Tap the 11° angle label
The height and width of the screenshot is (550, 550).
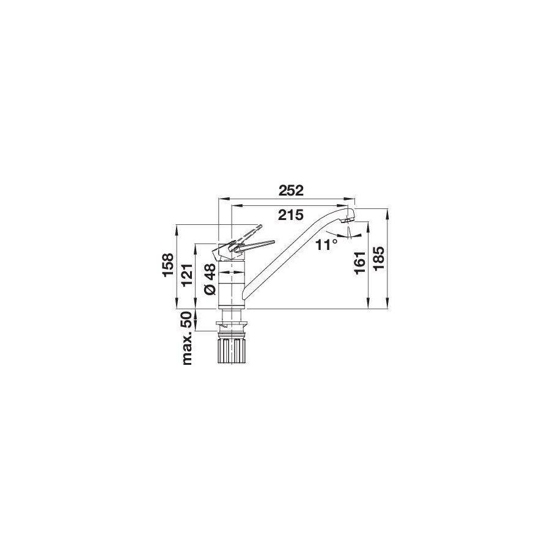pos(327,245)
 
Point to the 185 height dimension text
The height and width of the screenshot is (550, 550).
pos(378,260)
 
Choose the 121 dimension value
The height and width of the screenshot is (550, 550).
pos(187,276)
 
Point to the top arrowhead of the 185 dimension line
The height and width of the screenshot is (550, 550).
pos(387,211)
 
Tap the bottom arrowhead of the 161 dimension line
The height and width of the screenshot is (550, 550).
pos(368,307)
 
